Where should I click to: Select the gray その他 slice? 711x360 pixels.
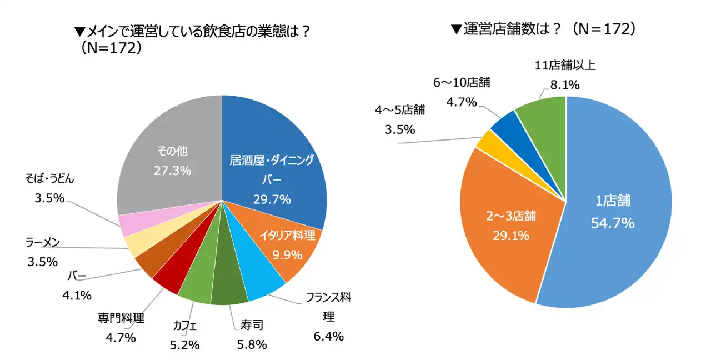point(167,139)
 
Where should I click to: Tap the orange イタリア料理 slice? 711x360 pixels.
point(289,244)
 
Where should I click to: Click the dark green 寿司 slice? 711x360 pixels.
point(229,289)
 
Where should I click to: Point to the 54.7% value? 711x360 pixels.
point(611,223)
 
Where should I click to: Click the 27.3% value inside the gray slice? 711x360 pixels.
point(172,171)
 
